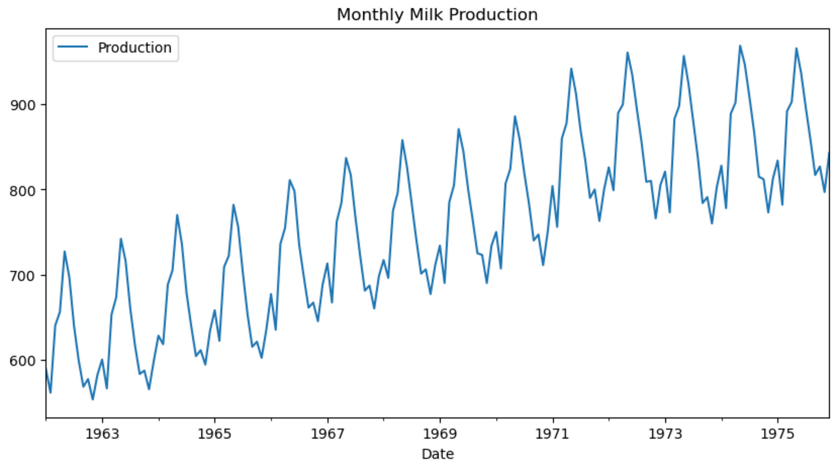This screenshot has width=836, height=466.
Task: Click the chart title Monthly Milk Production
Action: [x=437, y=15]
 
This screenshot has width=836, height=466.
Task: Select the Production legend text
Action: [x=134, y=48]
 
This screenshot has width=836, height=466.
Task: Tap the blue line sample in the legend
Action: [x=73, y=48]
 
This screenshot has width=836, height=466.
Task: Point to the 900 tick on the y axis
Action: [x=23, y=105]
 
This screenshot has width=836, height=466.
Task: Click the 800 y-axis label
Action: [x=23, y=190]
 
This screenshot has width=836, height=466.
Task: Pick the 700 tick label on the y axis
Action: [x=23, y=275]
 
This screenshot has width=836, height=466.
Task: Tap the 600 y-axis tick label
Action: [x=23, y=360]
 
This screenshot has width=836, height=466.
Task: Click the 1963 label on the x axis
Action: [x=102, y=434]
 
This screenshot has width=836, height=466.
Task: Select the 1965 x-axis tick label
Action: [x=214, y=434]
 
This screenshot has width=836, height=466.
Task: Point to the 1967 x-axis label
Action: [x=327, y=434]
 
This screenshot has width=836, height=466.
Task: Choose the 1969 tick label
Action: [x=440, y=434]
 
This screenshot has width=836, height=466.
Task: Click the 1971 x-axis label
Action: [x=552, y=434]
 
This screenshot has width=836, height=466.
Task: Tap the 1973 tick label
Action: [x=665, y=434]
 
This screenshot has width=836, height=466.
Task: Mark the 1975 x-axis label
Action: [x=777, y=434]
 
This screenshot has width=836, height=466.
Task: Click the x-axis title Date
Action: [x=437, y=453]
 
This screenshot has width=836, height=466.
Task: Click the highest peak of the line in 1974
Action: [x=740, y=45]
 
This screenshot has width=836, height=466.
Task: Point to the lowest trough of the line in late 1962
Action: [x=92, y=400]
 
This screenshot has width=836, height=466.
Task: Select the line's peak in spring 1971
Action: [x=571, y=68]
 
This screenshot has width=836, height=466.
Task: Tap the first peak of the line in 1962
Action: [x=64, y=251]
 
